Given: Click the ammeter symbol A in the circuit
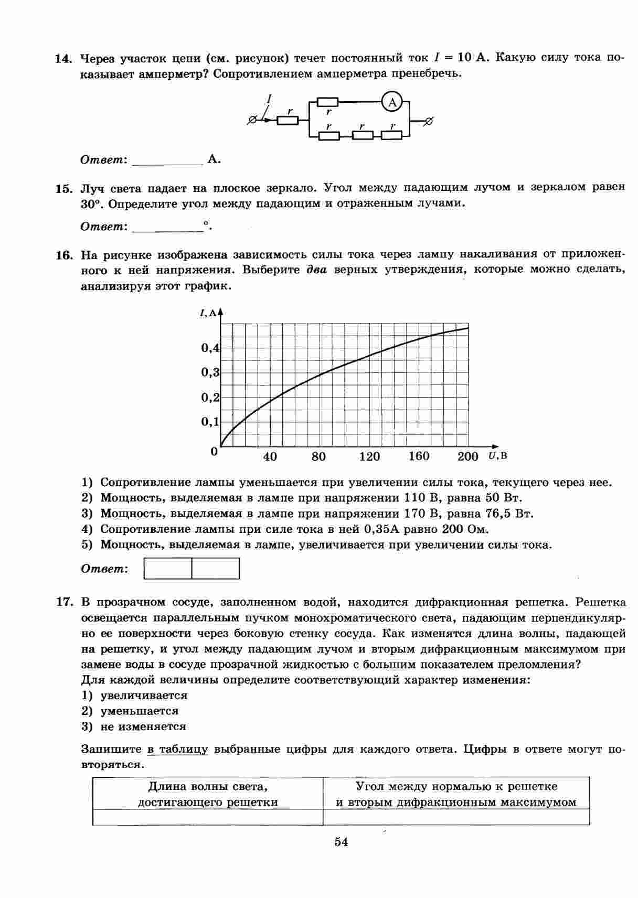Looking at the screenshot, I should pos(392,102).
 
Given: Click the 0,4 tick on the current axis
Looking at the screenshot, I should pos(210,348).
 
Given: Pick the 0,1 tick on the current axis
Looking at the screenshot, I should pos(210,422).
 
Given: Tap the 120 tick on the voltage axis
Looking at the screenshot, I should pos(369,456).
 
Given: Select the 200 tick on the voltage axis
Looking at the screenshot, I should pos(467,456).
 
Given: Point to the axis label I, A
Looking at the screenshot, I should pos(208,313).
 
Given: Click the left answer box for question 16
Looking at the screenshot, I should pos(168,569).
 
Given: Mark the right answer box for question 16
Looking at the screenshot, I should pos(216,569).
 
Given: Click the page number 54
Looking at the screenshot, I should pos(341,842).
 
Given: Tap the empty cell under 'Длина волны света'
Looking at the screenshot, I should pos(208,817).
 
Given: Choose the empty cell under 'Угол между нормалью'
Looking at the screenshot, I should pos(456,817).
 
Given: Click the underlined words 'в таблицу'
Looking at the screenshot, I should pos(177,749).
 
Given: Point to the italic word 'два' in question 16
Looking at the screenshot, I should pos(316,271).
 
